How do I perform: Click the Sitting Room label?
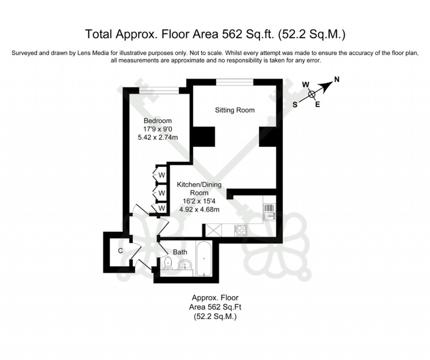(x=235, y=110)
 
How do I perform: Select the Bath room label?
(x=180, y=252)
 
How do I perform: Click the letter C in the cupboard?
(x=120, y=251)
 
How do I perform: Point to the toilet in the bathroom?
(x=168, y=263)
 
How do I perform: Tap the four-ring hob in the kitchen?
(x=241, y=230)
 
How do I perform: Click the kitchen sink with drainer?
(x=269, y=211)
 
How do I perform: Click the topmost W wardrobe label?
(x=161, y=175)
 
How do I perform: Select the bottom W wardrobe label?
(x=161, y=208)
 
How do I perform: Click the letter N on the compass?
(x=336, y=79)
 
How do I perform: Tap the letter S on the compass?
(x=295, y=105)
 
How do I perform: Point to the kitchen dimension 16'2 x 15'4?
(x=199, y=201)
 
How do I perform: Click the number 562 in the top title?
(x=228, y=34)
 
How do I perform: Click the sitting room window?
(x=235, y=82)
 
